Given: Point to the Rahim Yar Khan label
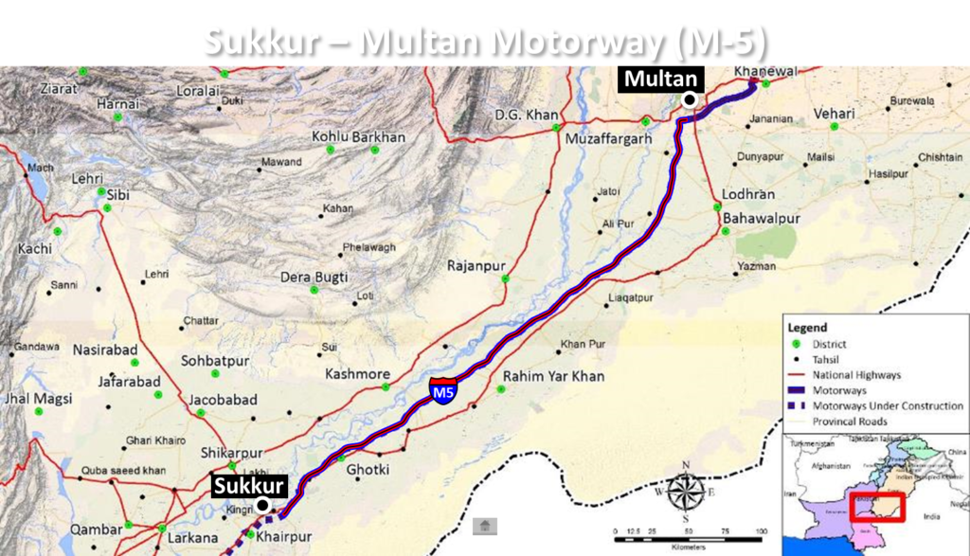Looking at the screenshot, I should tap(553, 376).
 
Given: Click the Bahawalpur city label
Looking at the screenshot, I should tap(762, 219).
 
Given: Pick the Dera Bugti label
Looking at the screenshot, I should tap(315, 278).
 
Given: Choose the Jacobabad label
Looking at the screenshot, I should tap(223, 400).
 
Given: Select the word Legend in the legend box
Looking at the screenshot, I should tap(807, 328).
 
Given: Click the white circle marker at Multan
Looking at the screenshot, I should tap(692, 99).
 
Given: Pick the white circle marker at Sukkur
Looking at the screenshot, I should tap(262, 505).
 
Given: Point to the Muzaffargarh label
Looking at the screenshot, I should tap(608, 139).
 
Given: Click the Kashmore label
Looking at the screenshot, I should tap(357, 374).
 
